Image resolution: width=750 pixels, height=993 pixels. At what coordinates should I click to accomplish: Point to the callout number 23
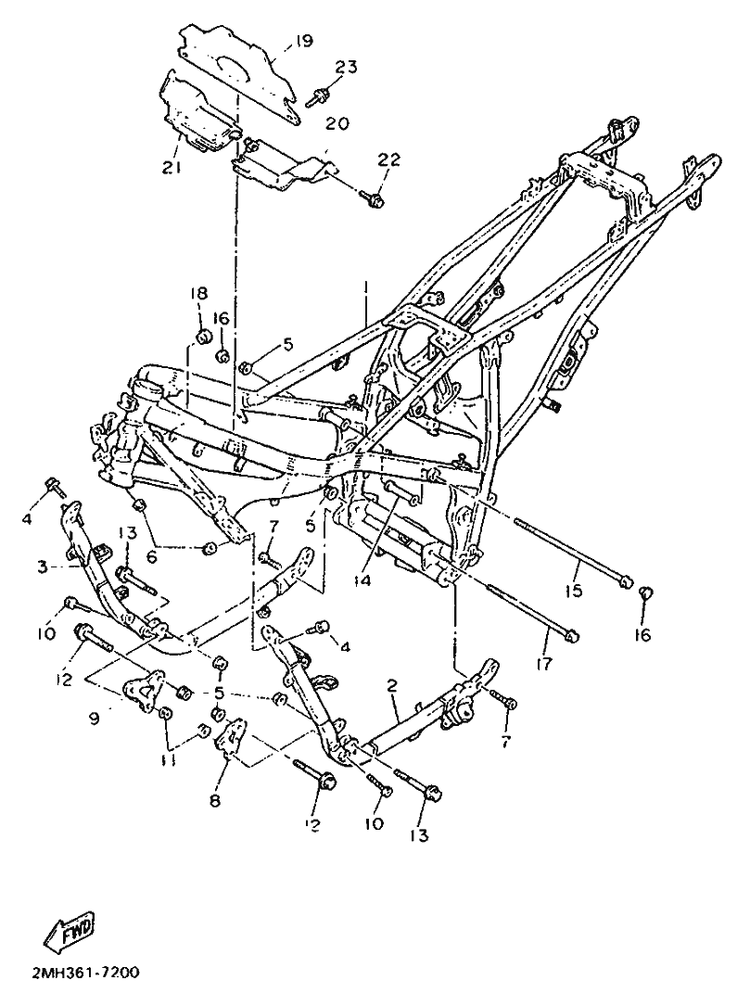coord(346,67)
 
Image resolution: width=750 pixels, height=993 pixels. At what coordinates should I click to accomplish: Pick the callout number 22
coord(388,160)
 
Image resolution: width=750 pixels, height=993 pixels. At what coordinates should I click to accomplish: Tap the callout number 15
coord(575,591)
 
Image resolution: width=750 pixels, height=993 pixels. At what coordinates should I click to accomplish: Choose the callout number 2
coord(392,686)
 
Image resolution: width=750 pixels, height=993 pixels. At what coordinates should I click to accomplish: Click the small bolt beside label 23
coord(318,95)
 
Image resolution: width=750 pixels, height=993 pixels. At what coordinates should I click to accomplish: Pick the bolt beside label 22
coord(375,197)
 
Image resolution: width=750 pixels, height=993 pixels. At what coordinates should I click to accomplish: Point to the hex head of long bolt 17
coord(573,636)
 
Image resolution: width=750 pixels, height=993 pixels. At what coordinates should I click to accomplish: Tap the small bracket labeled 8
coord(231,737)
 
